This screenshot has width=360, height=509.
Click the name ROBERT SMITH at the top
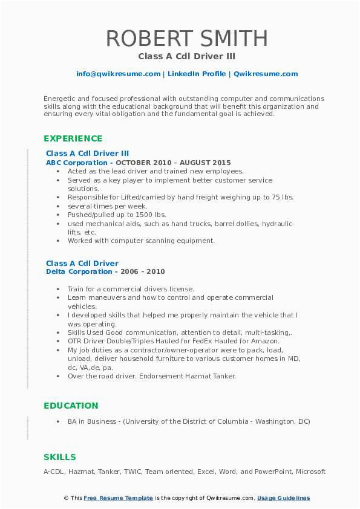(186, 38)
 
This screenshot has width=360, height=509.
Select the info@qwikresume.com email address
(118, 74)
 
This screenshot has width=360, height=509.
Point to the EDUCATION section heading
(71, 406)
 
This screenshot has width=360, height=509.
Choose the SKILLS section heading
(60, 457)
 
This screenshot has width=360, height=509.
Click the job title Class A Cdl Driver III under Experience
(87, 154)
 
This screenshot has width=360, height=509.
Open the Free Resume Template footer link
(119, 498)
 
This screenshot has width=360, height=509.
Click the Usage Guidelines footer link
(283, 498)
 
